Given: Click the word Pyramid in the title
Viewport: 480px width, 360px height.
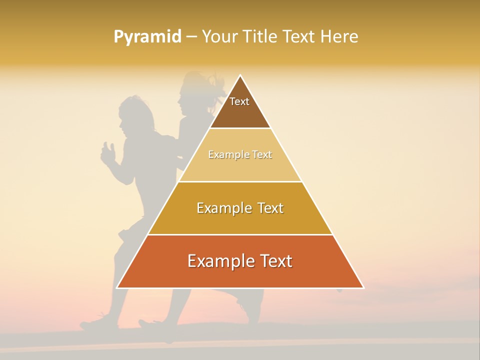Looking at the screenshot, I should point(147,37).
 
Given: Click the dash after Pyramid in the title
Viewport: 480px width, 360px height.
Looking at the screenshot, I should point(191,37).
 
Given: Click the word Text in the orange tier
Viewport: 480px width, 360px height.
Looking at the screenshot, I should point(274,261).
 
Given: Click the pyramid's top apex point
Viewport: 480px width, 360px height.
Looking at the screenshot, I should point(240,75).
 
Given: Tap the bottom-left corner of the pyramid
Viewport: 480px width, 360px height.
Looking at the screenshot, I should point(117,287).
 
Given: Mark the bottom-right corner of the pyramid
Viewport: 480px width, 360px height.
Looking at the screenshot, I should point(363,287).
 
